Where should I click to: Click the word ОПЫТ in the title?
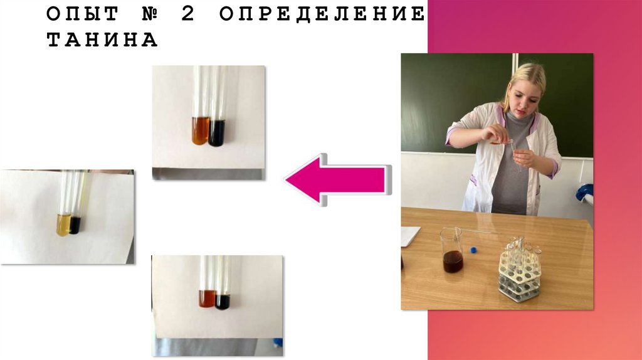tap(83, 14)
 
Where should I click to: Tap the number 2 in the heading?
tap(188, 14)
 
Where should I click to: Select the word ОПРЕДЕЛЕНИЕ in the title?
tap(322, 14)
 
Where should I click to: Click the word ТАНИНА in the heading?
tap(102, 40)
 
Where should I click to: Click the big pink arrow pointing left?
tap(338, 179)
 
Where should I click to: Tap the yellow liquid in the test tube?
tap(63, 225)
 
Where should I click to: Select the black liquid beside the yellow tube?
tap(75, 225)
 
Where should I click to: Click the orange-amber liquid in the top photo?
tap(200, 130)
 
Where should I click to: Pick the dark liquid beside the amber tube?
tap(216, 133)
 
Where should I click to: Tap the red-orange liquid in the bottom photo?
tap(207, 299)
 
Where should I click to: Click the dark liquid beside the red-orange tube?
tap(223, 302)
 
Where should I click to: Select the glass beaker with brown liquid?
tap(452, 251)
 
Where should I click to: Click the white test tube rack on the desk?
tap(519, 270)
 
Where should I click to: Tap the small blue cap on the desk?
tap(474, 249)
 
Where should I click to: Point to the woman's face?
tap(522, 98)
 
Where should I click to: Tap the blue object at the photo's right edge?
tap(585, 193)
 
